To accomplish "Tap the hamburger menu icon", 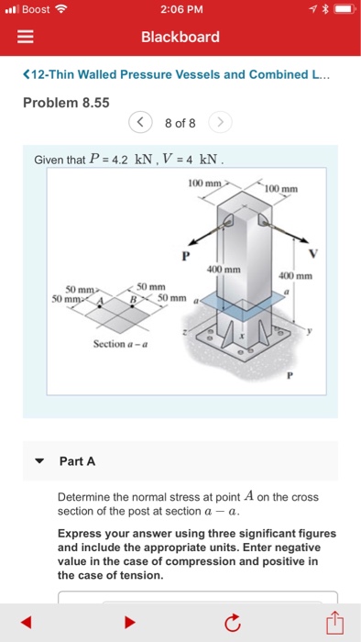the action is tap(25, 38).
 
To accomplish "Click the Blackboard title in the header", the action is tap(180, 37).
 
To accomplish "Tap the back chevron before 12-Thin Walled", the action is tap(27, 74).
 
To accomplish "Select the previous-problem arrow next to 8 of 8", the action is tap(140, 122).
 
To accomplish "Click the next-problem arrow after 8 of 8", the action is tap(220, 122).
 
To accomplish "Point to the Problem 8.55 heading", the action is tap(66, 103).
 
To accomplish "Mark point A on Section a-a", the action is tap(100, 305).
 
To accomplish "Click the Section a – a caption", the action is tap(121, 344).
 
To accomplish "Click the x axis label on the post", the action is tap(242, 336).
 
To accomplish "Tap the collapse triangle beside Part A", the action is tap(38, 461).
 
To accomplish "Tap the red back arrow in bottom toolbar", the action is tap(26, 623).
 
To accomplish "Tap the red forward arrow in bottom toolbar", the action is tap(130, 623).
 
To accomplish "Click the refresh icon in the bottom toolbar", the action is tap(232, 623).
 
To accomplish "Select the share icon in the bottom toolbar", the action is tap(334, 622).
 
